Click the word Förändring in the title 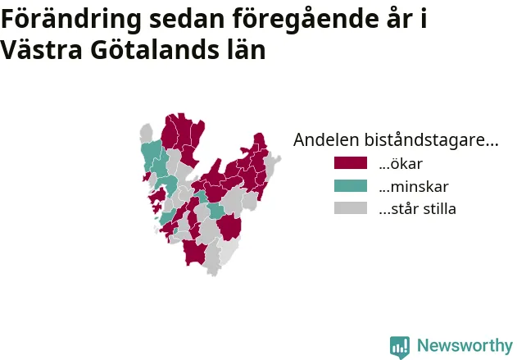(x=71, y=20)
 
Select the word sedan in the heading (x=187, y=19)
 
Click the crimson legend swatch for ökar (x=351, y=163)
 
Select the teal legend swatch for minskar (x=351, y=186)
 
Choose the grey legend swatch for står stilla (x=351, y=208)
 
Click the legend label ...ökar (x=401, y=164)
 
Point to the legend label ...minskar (x=414, y=186)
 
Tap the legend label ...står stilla (x=417, y=208)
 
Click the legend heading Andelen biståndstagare (x=396, y=140)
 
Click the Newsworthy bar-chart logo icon (x=400, y=348)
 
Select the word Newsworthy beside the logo (x=465, y=345)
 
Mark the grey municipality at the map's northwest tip (x=147, y=134)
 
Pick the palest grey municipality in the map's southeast (x=229, y=251)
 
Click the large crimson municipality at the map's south (x=194, y=253)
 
